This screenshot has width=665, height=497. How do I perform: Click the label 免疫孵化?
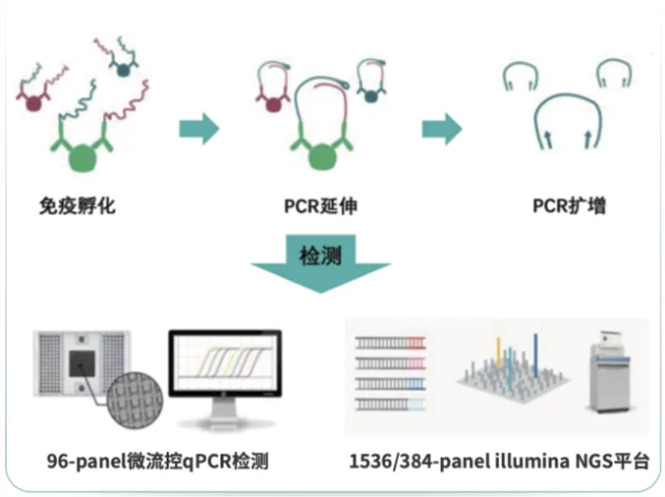tap(77, 206)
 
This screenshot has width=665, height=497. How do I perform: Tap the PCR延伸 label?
tap(321, 206)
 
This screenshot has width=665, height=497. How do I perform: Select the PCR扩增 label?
tap(568, 206)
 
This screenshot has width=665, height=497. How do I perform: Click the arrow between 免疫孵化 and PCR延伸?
tap(198, 128)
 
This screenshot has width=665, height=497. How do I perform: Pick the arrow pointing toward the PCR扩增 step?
tap(441, 128)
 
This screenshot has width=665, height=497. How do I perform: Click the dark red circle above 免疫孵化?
tap(33, 103)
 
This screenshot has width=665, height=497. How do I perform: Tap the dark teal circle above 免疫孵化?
tap(124, 70)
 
